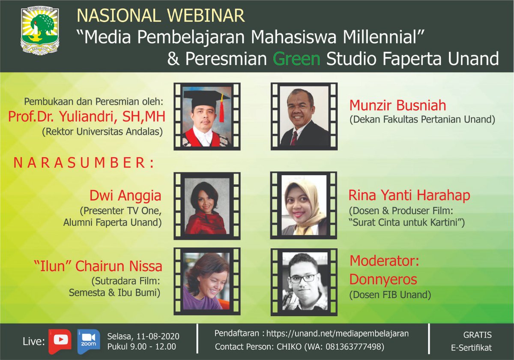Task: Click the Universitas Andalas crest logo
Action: (40, 30)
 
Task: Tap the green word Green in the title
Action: (297, 58)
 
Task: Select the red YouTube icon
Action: (60, 340)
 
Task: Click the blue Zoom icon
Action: (89, 340)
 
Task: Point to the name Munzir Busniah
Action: (397, 105)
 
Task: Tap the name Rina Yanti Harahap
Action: (409, 195)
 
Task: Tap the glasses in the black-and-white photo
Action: (303, 278)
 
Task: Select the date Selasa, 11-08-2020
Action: (143, 336)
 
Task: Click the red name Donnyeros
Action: (383, 279)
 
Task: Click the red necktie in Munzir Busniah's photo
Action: (294, 138)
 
